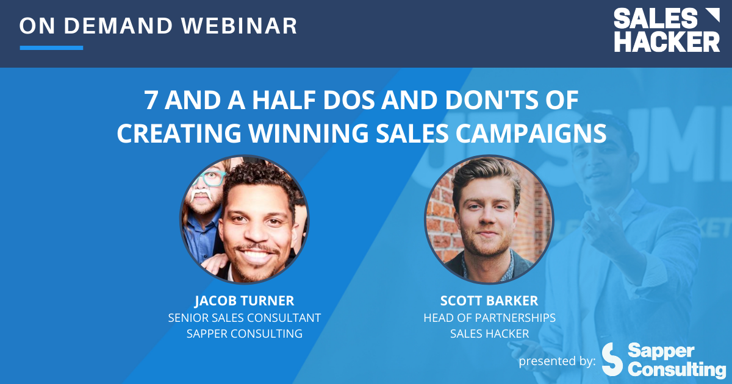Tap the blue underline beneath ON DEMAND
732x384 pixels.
pos(51,48)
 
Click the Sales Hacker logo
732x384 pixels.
pos(666,29)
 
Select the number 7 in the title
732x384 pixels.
pos(150,101)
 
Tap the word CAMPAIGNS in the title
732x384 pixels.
pos(536,133)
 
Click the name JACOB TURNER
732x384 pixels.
pos(244,301)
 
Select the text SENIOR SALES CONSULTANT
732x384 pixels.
pos(244,318)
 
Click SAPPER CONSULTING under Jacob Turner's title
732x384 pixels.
pos(244,333)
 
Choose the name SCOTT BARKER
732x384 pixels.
pos(489,301)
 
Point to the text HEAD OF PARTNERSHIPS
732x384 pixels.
pos(489,318)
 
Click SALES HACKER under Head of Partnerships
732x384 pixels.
pos(489,333)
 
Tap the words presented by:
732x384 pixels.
pos(557,361)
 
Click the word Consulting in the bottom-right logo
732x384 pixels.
pos(676,369)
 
